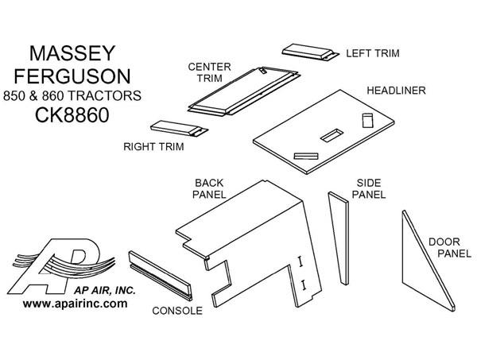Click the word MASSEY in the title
click(72, 53)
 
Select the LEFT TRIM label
click(372, 53)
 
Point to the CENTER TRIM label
click(204, 73)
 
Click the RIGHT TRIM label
click(153, 146)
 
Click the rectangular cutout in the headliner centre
click(329, 137)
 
